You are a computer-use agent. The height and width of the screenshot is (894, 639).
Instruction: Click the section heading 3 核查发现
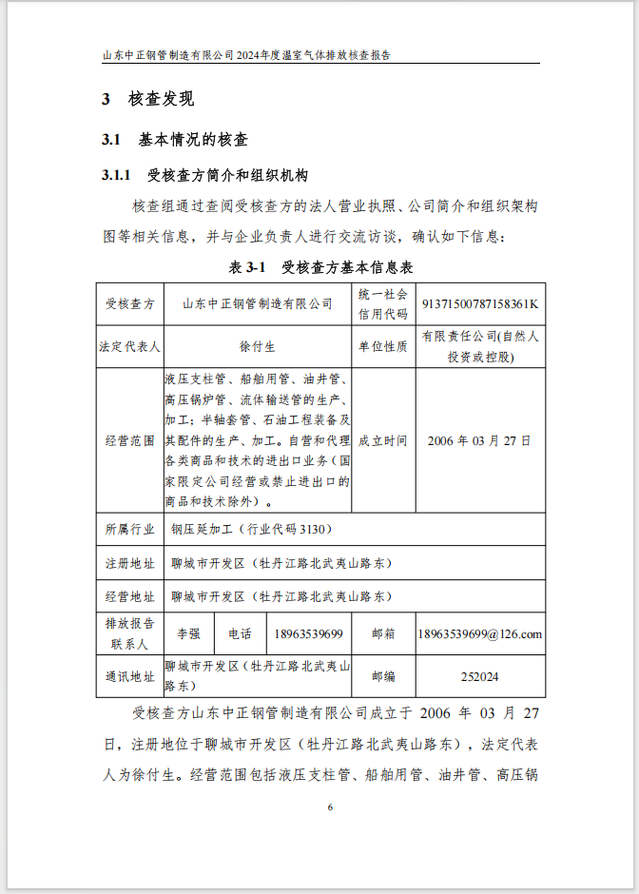pyautogui.click(x=148, y=99)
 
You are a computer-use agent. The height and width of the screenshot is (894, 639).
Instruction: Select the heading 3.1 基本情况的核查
pyautogui.click(x=175, y=140)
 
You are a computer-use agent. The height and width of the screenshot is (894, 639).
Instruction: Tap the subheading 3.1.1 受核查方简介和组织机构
pyautogui.click(x=204, y=176)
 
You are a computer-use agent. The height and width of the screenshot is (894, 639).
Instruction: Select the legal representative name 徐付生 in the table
pyautogui.click(x=257, y=347)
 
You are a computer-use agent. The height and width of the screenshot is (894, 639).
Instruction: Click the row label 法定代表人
pyautogui.click(x=129, y=347)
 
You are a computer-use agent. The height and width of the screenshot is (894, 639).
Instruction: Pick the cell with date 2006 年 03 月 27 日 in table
pyautogui.click(x=479, y=441)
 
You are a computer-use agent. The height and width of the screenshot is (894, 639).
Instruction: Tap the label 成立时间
pyautogui.click(x=382, y=441)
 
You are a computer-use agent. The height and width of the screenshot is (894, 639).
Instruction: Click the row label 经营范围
pyautogui.click(x=129, y=441)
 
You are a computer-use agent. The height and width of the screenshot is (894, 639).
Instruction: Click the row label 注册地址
pyautogui.click(x=129, y=563)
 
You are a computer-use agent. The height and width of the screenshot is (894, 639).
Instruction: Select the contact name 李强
pyautogui.click(x=189, y=634)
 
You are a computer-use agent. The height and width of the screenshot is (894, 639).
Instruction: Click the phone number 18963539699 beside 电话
pyautogui.click(x=307, y=634)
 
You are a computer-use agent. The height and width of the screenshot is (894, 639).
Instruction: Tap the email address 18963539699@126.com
pyautogui.click(x=479, y=634)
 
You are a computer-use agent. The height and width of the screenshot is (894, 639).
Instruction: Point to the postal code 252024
pyautogui.click(x=479, y=677)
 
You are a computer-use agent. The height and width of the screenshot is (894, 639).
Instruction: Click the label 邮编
pyautogui.click(x=382, y=677)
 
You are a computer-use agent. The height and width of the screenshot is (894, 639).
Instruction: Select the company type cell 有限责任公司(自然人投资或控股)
pyautogui.click(x=480, y=347)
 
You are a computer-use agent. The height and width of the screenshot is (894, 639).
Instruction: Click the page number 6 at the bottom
pyautogui.click(x=330, y=807)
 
